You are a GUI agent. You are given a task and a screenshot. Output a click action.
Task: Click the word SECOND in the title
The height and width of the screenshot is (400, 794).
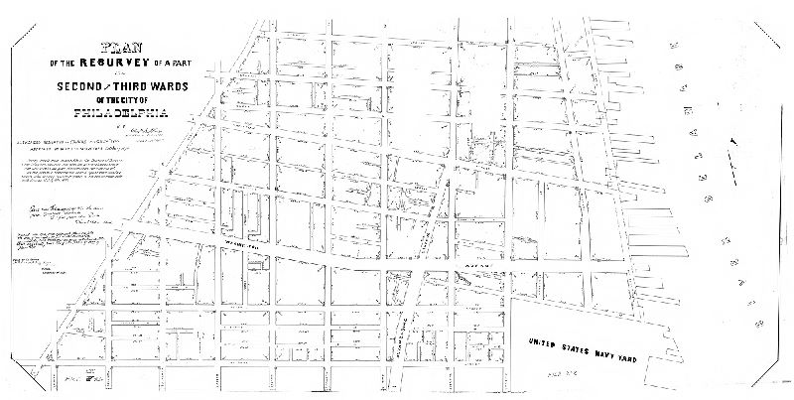(x=84, y=84)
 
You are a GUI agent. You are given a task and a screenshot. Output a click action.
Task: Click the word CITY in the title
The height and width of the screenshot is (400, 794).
(x=140, y=98)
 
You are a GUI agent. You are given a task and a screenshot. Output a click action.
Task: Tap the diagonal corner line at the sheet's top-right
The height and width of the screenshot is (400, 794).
(x=772, y=30)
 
